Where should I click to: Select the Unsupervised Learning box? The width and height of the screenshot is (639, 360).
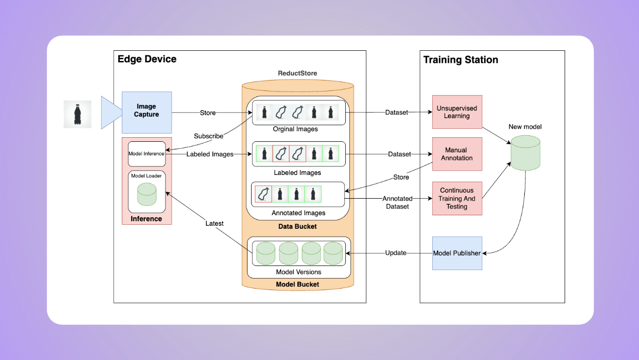[x=457, y=112]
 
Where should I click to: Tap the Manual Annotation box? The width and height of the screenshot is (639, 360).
[x=457, y=154]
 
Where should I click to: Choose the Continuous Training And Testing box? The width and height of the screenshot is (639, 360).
[x=457, y=199]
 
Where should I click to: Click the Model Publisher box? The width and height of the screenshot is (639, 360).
[x=457, y=253]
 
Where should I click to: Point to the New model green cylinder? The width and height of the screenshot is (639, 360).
[x=525, y=152]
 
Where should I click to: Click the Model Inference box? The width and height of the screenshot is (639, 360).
[x=146, y=153]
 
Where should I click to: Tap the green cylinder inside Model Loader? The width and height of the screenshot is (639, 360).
[x=146, y=194]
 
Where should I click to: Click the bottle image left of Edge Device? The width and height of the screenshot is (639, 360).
[x=77, y=114]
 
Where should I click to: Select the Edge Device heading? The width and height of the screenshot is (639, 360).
[x=147, y=59]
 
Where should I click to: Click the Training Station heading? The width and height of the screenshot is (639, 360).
[x=460, y=60]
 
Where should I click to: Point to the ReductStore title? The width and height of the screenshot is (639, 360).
[x=298, y=73]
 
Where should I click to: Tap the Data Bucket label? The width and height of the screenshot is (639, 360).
[x=298, y=226]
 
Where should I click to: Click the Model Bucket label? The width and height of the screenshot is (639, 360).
[x=298, y=284]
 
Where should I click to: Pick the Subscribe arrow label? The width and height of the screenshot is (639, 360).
[x=209, y=136]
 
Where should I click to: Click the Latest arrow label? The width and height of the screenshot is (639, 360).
[x=214, y=223]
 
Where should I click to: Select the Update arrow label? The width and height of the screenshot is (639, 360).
[x=395, y=253]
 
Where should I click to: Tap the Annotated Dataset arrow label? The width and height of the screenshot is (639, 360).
[x=397, y=203]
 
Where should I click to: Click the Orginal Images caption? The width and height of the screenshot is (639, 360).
[x=295, y=129]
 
